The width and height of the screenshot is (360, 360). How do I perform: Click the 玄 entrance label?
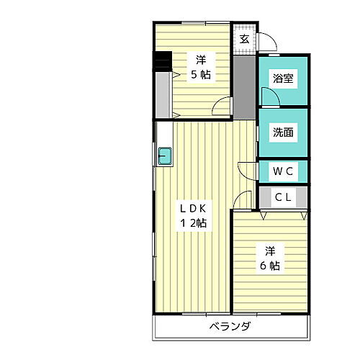(x=244, y=38)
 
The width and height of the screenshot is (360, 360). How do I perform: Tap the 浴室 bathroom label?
(x=283, y=79)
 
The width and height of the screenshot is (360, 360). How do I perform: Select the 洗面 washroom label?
(x=283, y=132)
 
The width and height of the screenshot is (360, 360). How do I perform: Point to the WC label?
(x=282, y=171)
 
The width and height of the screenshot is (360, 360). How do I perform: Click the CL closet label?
(x=282, y=197)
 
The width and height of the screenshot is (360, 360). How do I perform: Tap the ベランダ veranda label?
(x=230, y=327)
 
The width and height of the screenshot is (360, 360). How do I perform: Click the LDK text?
(x=193, y=208)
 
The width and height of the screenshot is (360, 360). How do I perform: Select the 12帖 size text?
(x=193, y=223)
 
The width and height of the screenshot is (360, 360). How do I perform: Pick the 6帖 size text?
(x=270, y=266)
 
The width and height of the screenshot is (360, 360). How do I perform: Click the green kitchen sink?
(x=165, y=155)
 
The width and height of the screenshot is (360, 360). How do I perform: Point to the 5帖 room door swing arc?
(x=222, y=107)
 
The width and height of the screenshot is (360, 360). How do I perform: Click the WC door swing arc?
(x=248, y=170)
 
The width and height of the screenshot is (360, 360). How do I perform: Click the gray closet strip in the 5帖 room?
(x=162, y=94)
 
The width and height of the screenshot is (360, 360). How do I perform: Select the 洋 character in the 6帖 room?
(x=269, y=251)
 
